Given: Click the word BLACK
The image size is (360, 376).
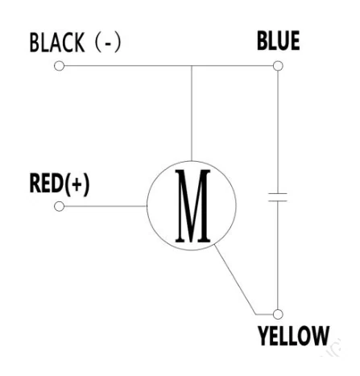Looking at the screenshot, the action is click(x=57, y=43).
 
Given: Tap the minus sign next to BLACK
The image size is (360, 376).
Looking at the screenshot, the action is click(x=108, y=43).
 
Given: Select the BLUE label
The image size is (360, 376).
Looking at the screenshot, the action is click(x=279, y=40).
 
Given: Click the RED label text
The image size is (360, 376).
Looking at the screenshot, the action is click(x=47, y=183).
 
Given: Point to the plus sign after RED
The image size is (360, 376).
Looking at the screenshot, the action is click(x=77, y=184).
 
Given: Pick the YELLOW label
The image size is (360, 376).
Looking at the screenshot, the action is click(x=294, y=336).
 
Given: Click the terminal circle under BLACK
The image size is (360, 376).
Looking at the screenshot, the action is click(x=59, y=66).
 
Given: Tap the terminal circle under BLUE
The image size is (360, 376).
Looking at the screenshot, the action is click(x=278, y=66).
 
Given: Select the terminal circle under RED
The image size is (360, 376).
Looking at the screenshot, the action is click(x=59, y=206).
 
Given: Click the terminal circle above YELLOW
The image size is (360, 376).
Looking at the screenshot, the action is click(x=278, y=314).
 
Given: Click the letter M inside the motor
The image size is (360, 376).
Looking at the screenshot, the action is click(x=192, y=206).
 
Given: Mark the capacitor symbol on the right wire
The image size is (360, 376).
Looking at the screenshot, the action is click(x=278, y=197).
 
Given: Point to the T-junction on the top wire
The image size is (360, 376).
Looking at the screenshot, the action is click(x=192, y=66).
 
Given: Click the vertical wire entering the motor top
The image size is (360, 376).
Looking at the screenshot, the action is click(x=192, y=114).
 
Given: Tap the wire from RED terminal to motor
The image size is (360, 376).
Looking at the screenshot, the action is click(x=106, y=206).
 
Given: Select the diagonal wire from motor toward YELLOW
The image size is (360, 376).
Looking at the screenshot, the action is click(x=234, y=279).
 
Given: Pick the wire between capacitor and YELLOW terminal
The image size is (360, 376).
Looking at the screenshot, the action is click(x=278, y=255).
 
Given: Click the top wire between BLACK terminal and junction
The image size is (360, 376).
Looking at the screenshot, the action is click(x=128, y=66).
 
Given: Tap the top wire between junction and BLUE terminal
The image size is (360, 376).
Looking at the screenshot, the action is click(x=232, y=66).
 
